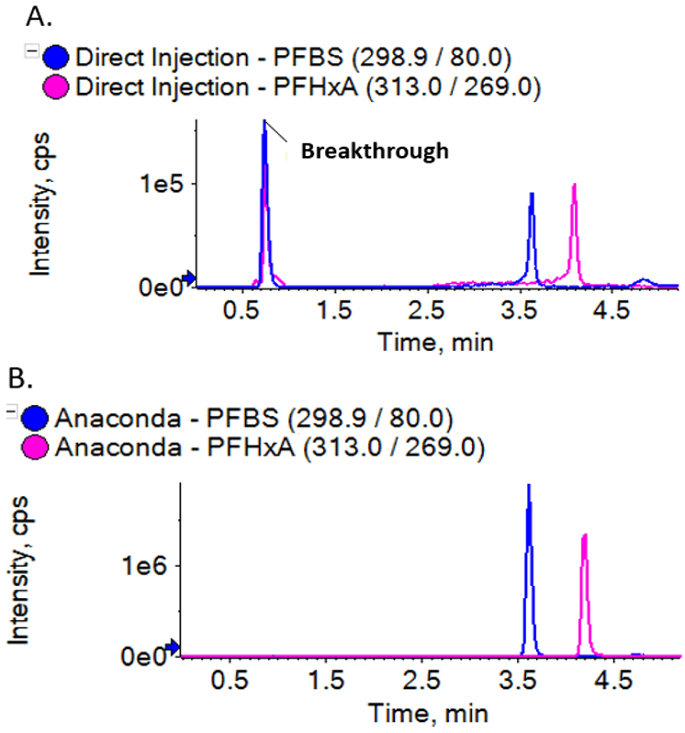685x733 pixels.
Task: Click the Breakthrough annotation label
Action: (x=375, y=152)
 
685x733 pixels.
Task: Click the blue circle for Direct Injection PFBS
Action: (x=58, y=58)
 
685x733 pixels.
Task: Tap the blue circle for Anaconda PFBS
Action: (x=39, y=419)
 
